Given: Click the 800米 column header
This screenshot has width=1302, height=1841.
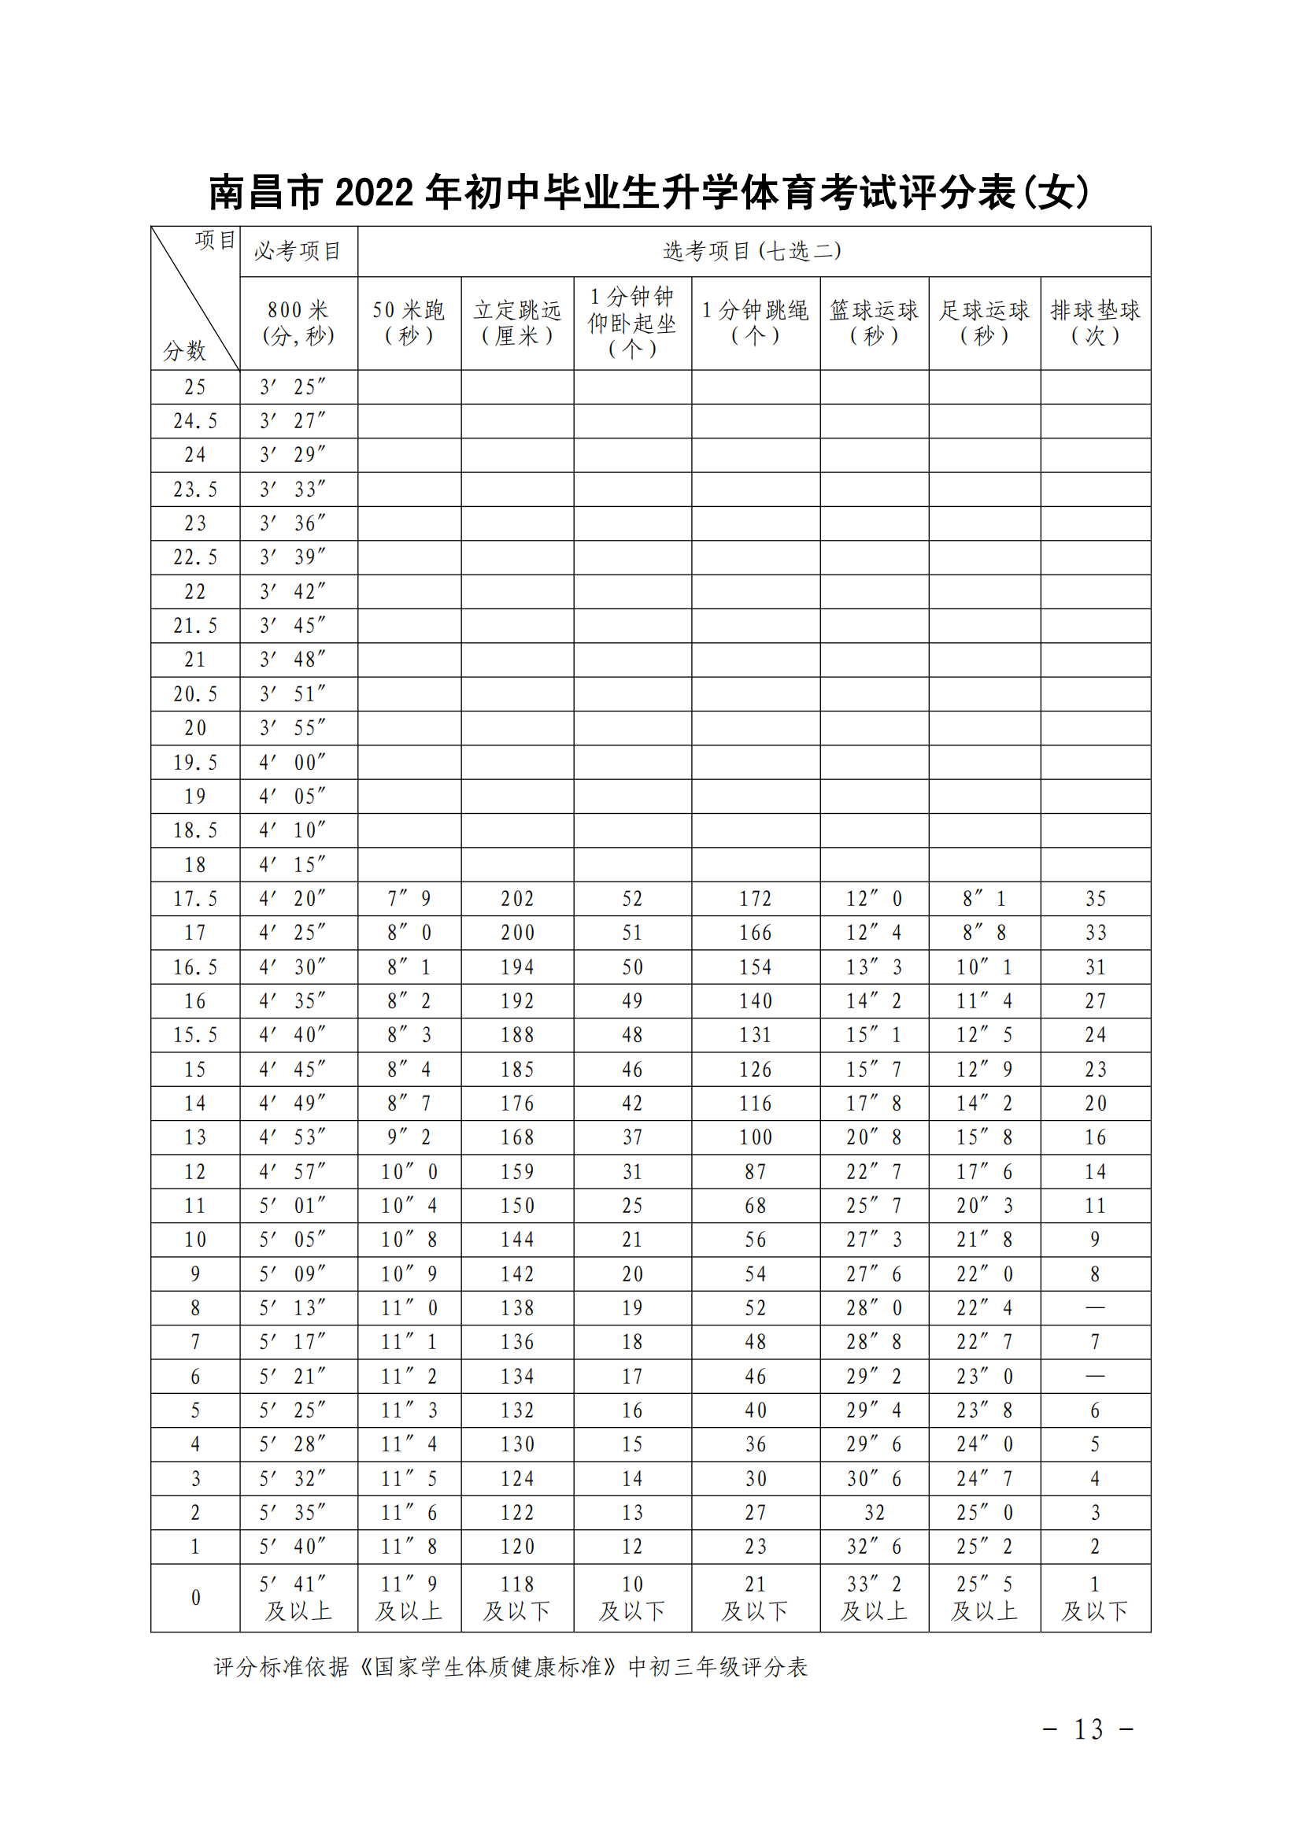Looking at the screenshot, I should coord(298,323).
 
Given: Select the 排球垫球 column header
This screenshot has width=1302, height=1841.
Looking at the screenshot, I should coord(1095,323).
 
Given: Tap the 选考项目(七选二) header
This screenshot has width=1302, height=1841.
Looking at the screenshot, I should coord(753,251).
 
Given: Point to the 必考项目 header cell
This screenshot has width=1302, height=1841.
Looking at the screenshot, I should coord(298,251).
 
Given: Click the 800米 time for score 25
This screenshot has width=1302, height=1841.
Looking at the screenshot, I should coord(293,386).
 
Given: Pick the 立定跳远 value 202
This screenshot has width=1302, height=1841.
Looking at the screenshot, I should coord(517,899).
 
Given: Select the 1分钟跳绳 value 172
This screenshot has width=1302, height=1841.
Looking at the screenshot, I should coord(755,899).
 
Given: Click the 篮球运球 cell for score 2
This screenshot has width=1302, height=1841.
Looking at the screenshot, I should coord(874,1512).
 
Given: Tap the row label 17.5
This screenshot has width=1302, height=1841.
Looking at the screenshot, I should coord(194,899).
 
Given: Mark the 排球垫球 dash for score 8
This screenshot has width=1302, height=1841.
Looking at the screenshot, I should coord(1095,1308).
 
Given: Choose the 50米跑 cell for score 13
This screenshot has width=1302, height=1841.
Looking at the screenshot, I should coord(409,1137).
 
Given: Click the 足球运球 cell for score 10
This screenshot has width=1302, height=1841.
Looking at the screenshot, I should coord(984,1240).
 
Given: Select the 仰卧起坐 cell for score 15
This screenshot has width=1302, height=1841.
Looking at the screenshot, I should coord(632,1069).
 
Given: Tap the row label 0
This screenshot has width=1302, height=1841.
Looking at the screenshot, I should coord(194,1597).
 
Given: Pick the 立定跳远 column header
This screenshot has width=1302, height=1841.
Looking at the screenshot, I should coord(517,323).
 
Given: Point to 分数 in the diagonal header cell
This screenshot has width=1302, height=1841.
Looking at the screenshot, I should coord(184,350).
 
